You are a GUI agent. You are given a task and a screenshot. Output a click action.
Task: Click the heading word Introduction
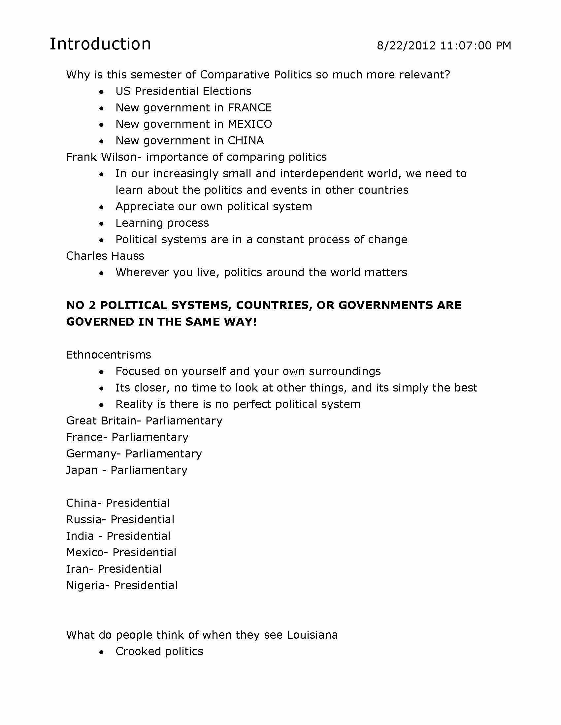[100, 44]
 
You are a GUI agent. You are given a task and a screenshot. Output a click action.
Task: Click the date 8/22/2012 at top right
[406, 45]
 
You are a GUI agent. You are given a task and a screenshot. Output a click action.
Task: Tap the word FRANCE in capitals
[249, 107]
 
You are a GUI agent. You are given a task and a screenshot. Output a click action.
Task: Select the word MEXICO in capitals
[249, 124]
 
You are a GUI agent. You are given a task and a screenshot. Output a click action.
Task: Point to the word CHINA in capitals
[246, 141]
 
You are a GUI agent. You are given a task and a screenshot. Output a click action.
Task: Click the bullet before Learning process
[102, 224]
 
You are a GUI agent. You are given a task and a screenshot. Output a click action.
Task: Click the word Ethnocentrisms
[109, 355]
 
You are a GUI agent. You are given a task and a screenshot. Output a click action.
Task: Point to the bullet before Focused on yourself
[102, 372]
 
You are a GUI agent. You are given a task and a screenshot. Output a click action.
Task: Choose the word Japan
[82, 470]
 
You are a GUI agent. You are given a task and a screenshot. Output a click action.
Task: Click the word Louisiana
[312, 635]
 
